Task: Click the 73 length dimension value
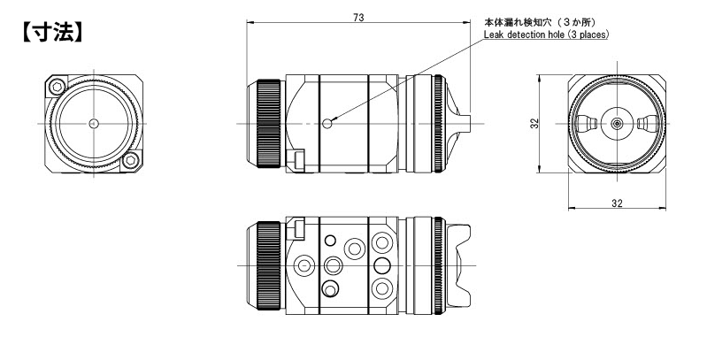358,18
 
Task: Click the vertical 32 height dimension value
534,124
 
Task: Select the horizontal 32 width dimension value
617,203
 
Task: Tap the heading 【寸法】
53,33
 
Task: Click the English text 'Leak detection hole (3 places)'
546,34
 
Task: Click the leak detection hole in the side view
327,123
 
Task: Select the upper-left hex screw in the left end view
57,86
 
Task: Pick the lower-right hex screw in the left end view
131,160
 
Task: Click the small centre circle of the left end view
94,123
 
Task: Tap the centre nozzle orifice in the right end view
617,123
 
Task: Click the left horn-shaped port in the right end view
587,123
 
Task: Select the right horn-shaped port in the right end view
648,123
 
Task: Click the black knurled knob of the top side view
268,124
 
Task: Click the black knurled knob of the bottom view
268,265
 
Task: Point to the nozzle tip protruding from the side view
464,123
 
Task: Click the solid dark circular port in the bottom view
382,265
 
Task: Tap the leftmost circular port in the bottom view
304,265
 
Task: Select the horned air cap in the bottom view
458,265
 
